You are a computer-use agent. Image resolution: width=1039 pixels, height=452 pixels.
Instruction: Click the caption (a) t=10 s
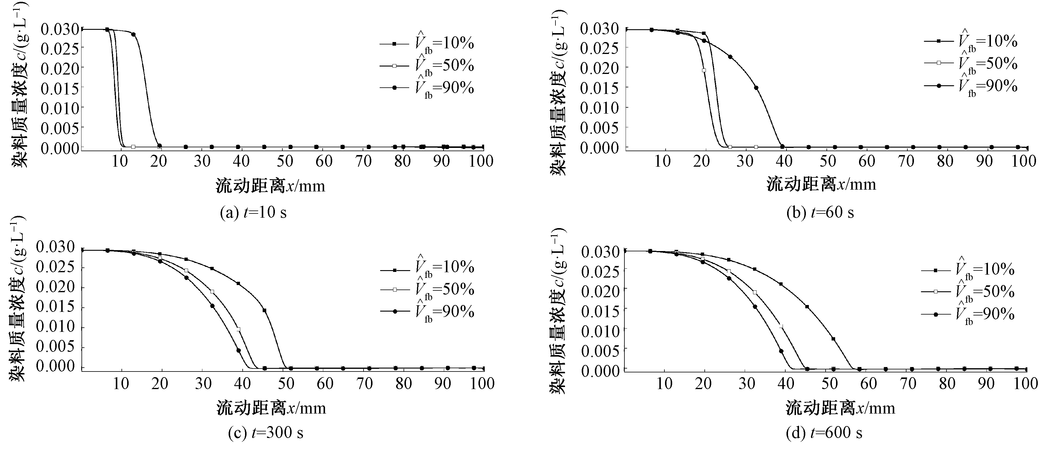[253, 212]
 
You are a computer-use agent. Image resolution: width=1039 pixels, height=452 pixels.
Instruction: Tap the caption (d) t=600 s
[824, 433]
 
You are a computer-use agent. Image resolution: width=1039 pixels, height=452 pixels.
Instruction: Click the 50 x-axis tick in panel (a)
[285, 161]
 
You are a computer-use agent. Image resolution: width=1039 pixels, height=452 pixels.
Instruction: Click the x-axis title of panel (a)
[270, 186]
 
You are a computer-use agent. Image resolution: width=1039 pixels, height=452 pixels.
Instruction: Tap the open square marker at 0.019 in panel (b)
[704, 70]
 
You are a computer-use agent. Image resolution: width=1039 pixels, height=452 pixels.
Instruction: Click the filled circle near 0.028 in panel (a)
[133, 34]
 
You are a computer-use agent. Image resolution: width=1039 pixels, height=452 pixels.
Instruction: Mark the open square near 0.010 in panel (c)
[238, 329]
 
